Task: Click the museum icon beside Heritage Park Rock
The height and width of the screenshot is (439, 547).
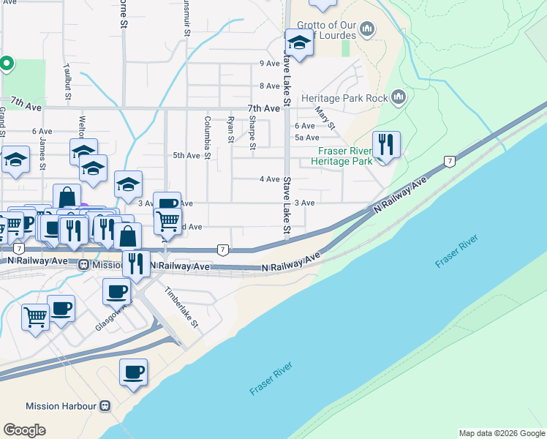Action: [399, 97]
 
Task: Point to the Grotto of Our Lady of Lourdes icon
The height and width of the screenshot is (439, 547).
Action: [367, 29]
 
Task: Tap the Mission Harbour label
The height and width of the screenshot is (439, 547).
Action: [61, 406]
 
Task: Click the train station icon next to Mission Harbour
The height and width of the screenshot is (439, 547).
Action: [106, 406]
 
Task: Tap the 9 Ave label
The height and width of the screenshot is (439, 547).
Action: [270, 64]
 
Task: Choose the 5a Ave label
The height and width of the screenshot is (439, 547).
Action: [306, 138]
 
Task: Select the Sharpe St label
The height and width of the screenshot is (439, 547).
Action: [252, 132]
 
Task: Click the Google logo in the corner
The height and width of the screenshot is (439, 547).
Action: [25, 429]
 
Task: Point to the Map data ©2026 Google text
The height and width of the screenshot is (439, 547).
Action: [501, 433]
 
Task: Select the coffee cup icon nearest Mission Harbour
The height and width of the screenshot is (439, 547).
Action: [134, 372]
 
